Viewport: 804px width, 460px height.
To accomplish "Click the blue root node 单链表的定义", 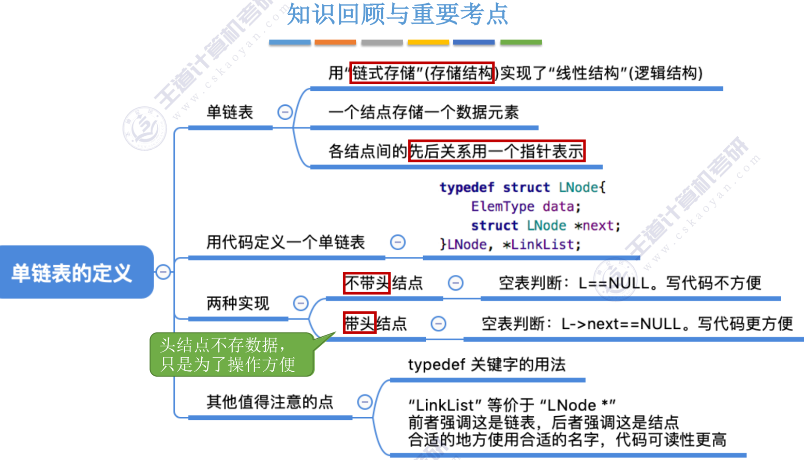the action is (x=72, y=273).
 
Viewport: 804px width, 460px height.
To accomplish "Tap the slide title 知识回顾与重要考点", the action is (x=397, y=14).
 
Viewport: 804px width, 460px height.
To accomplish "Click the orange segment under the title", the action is (x=335, y=42).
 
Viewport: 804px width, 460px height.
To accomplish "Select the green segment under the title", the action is (x=521, y=42).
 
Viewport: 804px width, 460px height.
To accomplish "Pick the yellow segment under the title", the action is (x=428, y=42).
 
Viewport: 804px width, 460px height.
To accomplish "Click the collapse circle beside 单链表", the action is (x=285, y=112).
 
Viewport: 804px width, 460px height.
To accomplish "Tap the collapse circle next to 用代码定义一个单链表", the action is (x=397, y=242).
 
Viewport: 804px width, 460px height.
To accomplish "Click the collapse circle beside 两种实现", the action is (x=300, y=303).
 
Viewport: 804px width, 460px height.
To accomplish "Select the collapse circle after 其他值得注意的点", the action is (x=365, y=402).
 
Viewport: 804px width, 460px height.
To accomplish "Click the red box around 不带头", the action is (x=366, y=283).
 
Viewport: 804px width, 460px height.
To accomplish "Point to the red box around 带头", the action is (x=359, y=323).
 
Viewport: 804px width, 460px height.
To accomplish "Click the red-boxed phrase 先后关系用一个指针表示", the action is (x=497, y=151).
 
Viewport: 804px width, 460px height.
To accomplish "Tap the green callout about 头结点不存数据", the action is (x=231, y=355).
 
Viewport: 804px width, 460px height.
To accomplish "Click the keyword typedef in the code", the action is (x=467, y=187).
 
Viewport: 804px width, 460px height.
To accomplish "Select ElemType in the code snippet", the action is (x=502, y=206).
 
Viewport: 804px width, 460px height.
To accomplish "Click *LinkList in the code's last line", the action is (x=542, y=244).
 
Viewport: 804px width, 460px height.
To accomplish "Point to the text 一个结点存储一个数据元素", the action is (x=423, y=112).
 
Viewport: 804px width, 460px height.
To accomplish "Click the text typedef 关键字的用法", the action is (x=487, y=364).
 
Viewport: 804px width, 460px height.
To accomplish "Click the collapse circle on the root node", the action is (x=163, y=272).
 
